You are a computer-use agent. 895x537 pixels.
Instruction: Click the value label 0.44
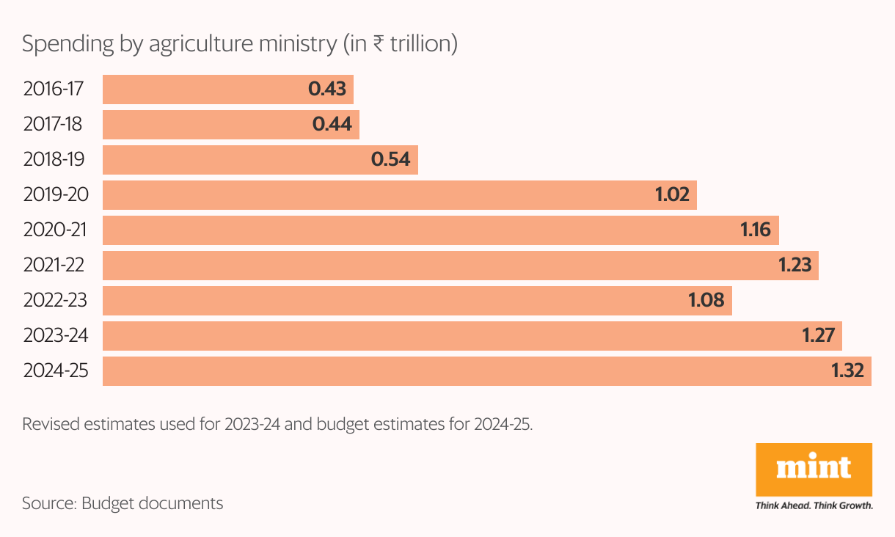332,125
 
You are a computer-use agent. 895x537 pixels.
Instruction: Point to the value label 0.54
390,160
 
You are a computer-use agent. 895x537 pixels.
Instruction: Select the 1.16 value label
756,230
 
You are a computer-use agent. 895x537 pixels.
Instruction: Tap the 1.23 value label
795,266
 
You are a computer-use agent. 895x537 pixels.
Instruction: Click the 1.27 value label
819,336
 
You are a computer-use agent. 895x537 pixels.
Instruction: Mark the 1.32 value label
849,371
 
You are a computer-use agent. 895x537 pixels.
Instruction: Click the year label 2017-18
54,125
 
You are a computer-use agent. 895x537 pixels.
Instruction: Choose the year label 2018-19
55,160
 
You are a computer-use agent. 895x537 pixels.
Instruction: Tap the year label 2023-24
56,336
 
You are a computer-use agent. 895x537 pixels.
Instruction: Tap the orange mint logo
814,469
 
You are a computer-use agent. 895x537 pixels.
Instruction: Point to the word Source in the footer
47,504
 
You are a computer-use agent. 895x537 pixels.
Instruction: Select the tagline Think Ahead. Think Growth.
814,505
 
